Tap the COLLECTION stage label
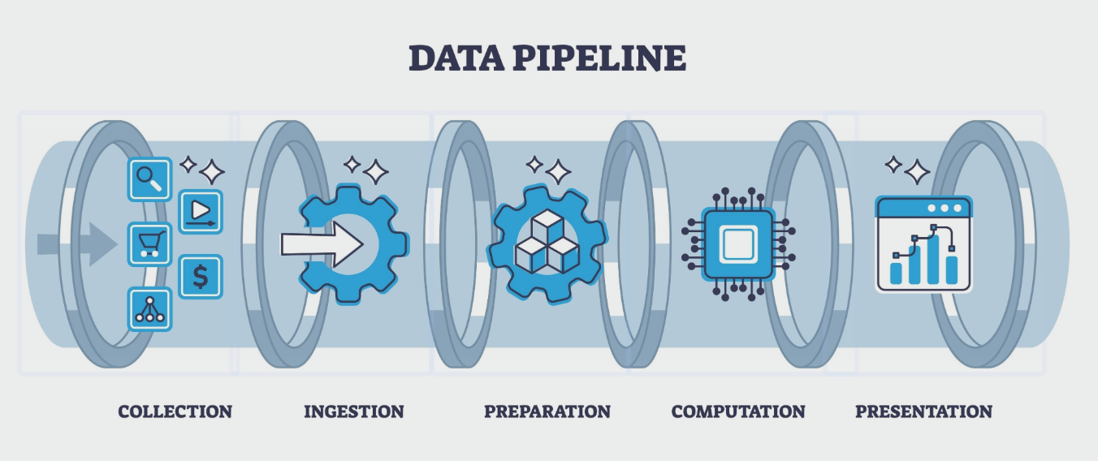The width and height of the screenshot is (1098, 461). (x=175, y=411)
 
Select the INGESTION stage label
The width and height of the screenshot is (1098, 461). (x=353, y=411)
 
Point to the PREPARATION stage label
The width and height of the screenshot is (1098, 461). (x=547, y=411)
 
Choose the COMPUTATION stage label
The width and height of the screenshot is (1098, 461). (x=738, y=411)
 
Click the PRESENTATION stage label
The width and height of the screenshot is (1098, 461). (x=923, y=411)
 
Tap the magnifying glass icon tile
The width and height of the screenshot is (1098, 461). (x=149, y=179)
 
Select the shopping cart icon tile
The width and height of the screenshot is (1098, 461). (x=150, y=243)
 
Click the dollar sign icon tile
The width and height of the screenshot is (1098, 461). (x=200, y=277)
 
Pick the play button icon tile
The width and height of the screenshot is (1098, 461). (x=200, y=211)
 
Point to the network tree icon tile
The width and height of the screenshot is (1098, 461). (x=150, y=309)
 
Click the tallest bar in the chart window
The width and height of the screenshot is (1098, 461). (x=933, y=259)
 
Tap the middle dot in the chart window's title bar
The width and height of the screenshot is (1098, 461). (x=944, y=209)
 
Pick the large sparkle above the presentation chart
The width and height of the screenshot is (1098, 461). (x=917, y=172)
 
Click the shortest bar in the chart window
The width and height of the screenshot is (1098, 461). (x=896, y=272)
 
